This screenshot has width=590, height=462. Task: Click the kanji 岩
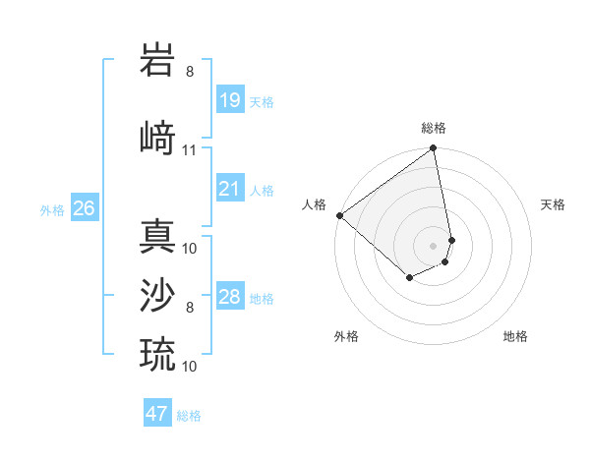pos(158,61)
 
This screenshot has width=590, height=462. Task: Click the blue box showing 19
pos(230,100)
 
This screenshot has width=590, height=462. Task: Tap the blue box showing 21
pos(230,189)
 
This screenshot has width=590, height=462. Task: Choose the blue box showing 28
pos(230,297)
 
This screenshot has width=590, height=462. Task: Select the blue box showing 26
pos(84,208)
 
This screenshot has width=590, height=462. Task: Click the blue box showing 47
pos(157,414)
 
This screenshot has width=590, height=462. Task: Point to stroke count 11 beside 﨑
pos(190,150)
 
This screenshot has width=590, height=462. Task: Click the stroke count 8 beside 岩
pos(190,72)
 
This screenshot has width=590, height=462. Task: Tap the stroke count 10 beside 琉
pos(190,366)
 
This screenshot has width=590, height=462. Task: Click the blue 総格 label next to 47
pos(190,416)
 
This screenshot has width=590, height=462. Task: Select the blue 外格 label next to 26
pos(52,210)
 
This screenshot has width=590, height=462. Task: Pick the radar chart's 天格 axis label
pos(553,204)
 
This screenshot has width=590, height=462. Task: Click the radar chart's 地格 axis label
pos(515,336)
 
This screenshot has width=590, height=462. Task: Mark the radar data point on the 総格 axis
pos(433,148)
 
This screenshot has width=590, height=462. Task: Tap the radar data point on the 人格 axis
pos(339,215)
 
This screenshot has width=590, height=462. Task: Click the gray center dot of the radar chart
pos(433,246)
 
